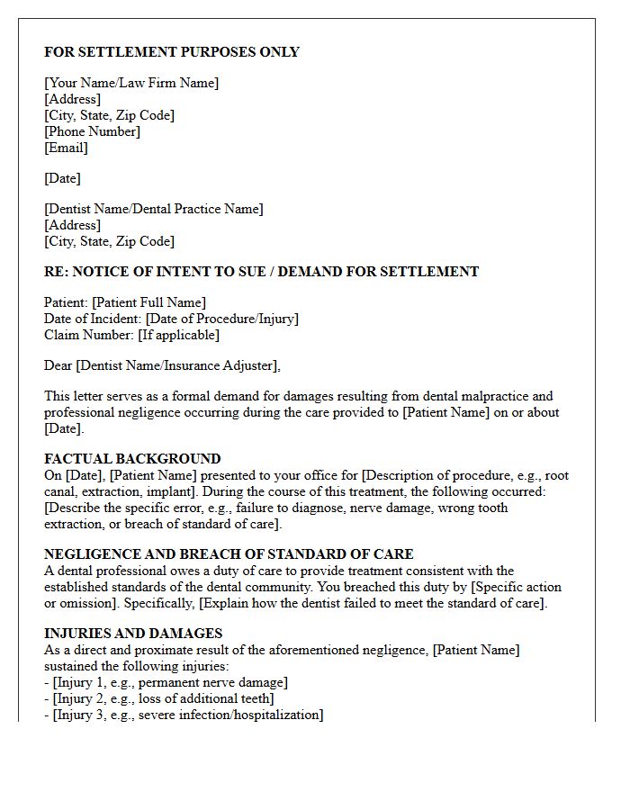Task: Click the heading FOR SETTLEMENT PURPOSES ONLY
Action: [172, 52]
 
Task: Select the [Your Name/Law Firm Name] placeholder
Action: [131, 83]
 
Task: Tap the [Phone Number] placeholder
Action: [92, 131]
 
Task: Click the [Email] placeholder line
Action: [66, 148]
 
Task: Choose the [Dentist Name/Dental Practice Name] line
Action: [154, 209]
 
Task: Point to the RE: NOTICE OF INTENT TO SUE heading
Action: [261, 272]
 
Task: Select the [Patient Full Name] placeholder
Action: [148, 302]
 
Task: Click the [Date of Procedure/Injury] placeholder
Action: [221, 319]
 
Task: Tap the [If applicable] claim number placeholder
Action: [178, 335]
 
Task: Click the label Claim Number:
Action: [88, 335]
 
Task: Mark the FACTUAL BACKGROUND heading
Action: [132, 459]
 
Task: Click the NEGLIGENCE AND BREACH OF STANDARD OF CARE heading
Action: [229, 554]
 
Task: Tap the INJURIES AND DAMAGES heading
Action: [133, 634]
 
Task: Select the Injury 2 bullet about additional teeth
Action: [163, 698]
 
